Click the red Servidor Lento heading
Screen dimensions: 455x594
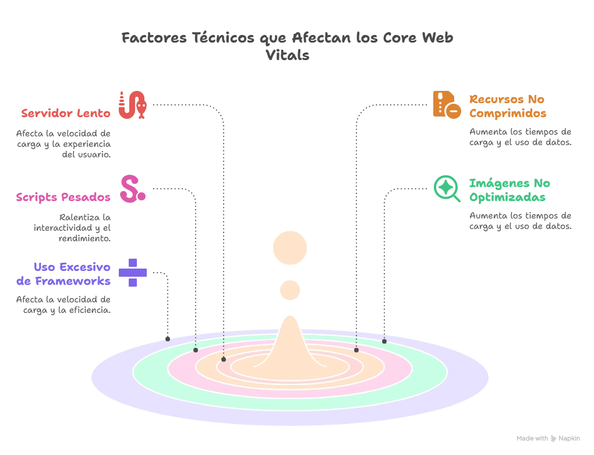(x=65, y=113)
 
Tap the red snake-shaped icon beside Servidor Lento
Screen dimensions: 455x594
(x=132, y=105)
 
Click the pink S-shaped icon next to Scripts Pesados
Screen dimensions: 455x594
(x=132, y=188)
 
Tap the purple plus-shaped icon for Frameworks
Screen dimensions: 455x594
(x=133, y=272)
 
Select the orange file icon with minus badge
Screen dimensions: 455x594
(x=447, y=105)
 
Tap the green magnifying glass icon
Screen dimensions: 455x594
(x=447, y=188)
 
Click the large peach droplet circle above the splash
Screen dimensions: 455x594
(x=289, y=248)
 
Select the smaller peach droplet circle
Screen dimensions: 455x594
(x=289, y=290)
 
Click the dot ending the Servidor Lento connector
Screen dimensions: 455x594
(x=224, y=359)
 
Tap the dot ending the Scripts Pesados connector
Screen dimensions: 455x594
(x=196, y=350)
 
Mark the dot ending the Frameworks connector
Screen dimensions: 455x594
(x=168, y=338)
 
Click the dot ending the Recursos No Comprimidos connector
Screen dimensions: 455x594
(x=356, y=350)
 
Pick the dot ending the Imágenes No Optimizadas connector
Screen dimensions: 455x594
(x=384, y=341)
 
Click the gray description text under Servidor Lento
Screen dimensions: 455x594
(x=62, y=142)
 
